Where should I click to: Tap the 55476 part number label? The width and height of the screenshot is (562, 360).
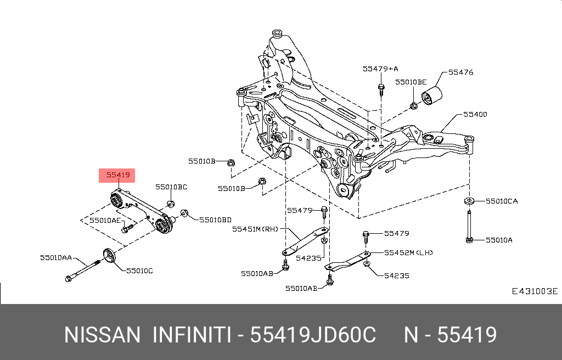pyautogui.click(x=460, y=72)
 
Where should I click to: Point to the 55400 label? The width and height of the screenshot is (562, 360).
pyautogui.click(x=475, y=114)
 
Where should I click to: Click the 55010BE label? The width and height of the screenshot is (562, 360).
pyautogui.click(x=411, y=82)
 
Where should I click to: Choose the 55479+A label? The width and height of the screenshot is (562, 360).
pyautogui.click(x=380, y=69)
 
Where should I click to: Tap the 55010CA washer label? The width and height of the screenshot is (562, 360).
pyautogui.click(x=502, y=201)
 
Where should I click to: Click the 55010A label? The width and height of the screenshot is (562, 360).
pyautogui.click(x=499, y=240)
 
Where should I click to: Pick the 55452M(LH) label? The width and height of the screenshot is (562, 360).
pyautogui.click(x=408, y=253)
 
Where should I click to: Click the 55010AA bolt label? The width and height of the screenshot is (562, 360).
pyautogui.click(x=56, y=257)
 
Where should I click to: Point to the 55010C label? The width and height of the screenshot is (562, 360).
pyautogui.click(x=139, y=271)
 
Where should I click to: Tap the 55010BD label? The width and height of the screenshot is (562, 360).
pyautogui.click(x=215, y=220)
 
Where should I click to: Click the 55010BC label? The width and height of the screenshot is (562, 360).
pyautogui.click(x=171, y=187)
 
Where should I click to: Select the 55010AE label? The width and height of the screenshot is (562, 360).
pyautogui.click(x=105, y=220)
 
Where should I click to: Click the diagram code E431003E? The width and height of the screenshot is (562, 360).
pyautogui.click(x=535, y=291)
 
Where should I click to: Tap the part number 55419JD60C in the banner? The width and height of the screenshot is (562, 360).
pyautogui.click(x=312, y=335)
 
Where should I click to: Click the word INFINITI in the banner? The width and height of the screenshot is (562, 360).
pyautogui.click(x=192, y=335)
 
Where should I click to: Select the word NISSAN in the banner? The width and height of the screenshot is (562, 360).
pyautogui.click(x=102, y=335)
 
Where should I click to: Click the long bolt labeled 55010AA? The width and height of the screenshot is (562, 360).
pyautogui.click(x=83, y=271)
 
